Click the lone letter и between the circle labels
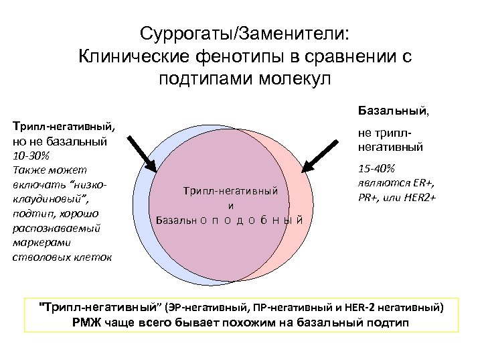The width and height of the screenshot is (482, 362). coord(231,206)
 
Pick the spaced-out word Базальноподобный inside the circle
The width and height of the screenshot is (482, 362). coord(230,220)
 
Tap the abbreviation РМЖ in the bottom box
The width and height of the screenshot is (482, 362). coord(86,322)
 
